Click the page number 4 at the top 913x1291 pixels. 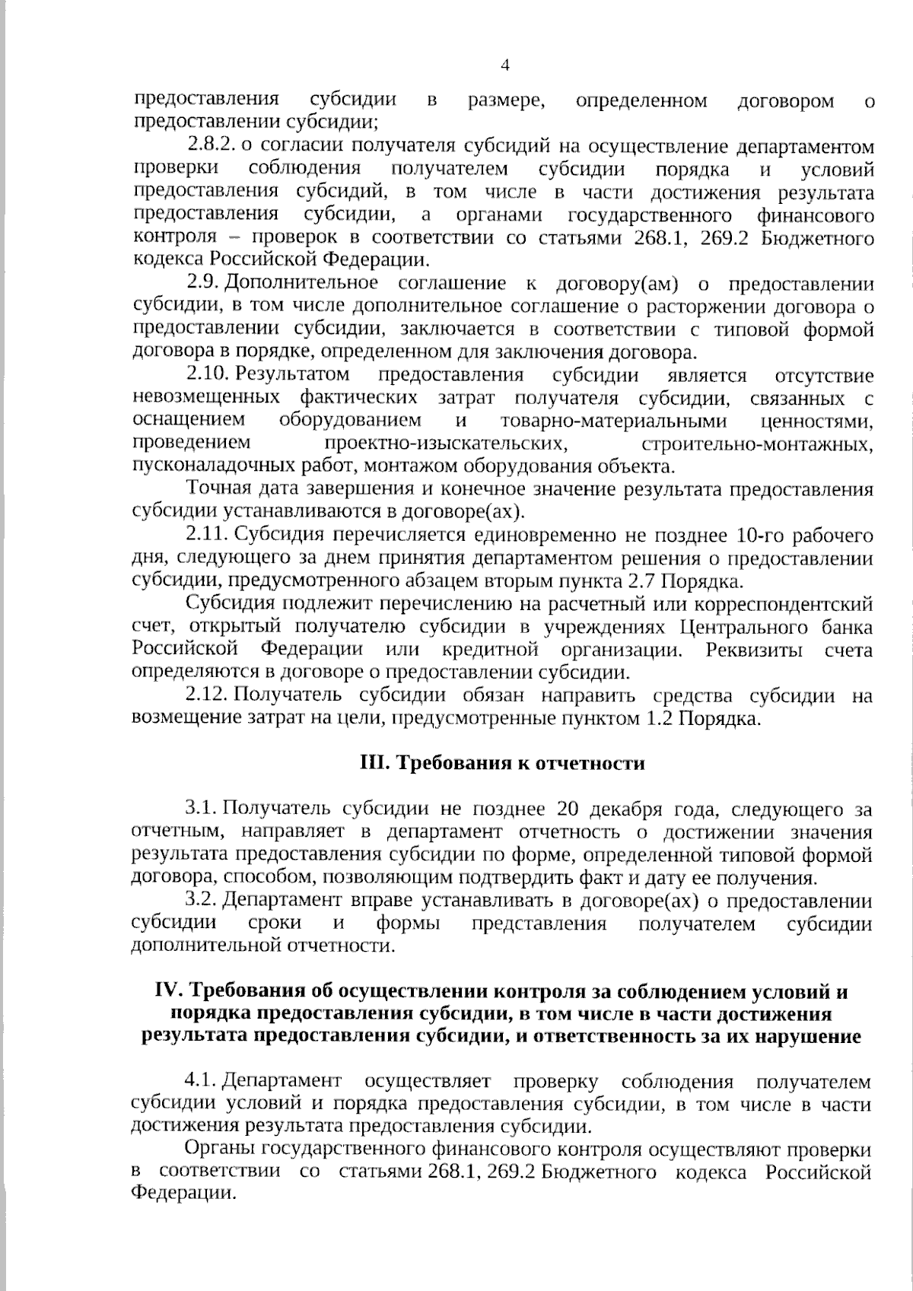(x=504, y=65)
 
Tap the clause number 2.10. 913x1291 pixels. (x=208, y=375)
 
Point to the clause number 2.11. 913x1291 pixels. (x=208, y=536)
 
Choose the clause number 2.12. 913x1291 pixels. (x=208, y=695)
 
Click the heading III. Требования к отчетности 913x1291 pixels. (x=502, y=763)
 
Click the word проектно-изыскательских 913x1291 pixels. (x=444, y=444)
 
